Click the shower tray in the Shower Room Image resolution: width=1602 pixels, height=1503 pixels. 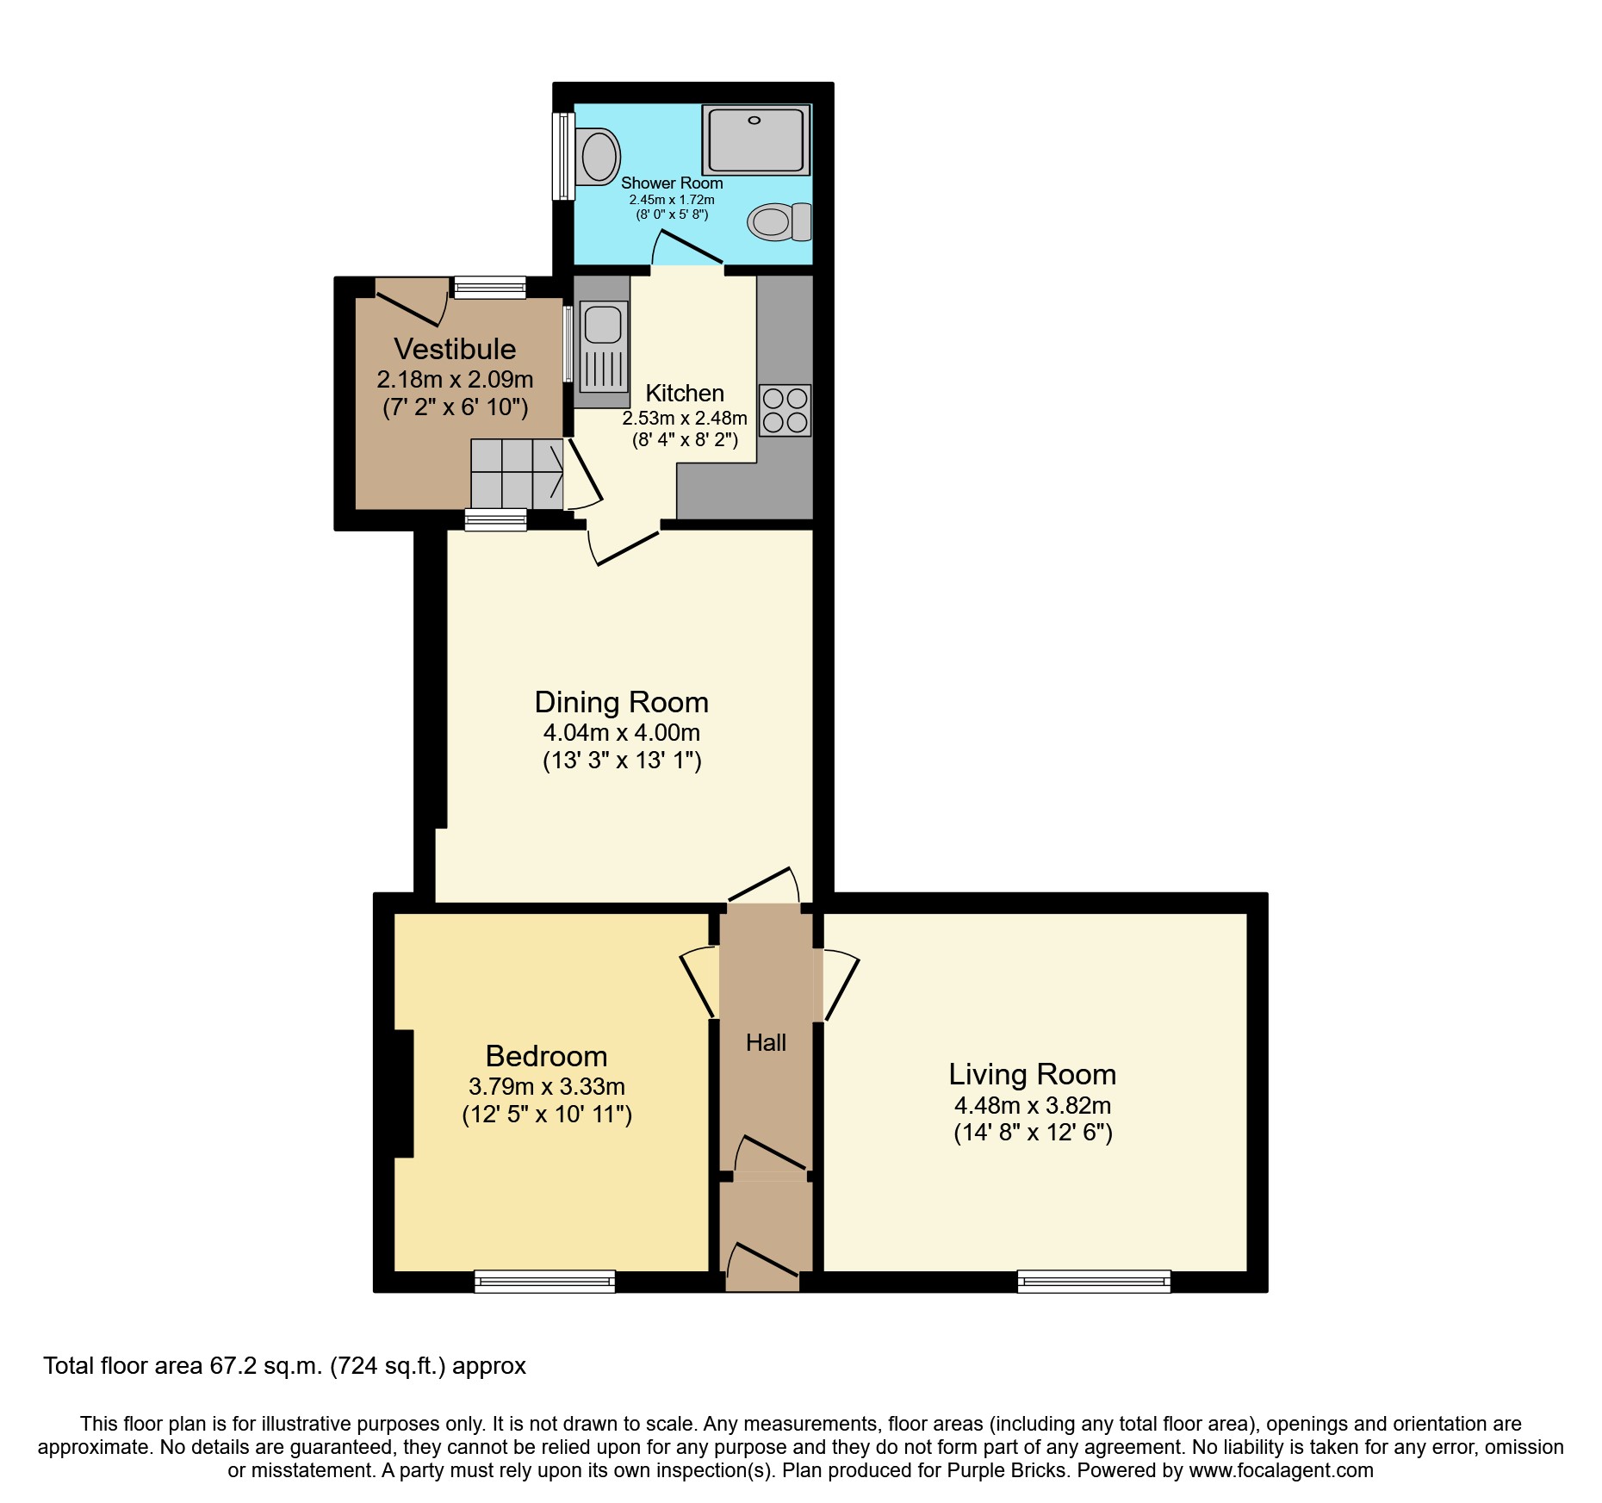[755, 140]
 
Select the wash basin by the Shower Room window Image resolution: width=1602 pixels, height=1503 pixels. [598, 157]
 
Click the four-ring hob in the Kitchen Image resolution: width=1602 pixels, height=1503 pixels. [785, 410]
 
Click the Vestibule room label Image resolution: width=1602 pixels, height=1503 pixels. [455, 349]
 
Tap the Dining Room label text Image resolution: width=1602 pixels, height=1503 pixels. [621, 702]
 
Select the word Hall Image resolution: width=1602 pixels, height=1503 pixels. [766, 1043]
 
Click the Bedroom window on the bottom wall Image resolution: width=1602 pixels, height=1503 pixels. [545, 1282]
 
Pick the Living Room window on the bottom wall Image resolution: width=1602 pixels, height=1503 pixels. [1094, 1282]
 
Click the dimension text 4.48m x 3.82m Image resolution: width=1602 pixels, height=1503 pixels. [1032, 1105]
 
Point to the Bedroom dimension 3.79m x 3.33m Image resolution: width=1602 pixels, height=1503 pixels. [546, 1086]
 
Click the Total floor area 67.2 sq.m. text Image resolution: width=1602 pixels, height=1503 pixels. [284, 1366]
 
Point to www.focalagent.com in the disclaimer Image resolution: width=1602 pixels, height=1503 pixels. [1281, 1470]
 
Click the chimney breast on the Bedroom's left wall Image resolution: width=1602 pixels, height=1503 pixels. [403, 1093]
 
